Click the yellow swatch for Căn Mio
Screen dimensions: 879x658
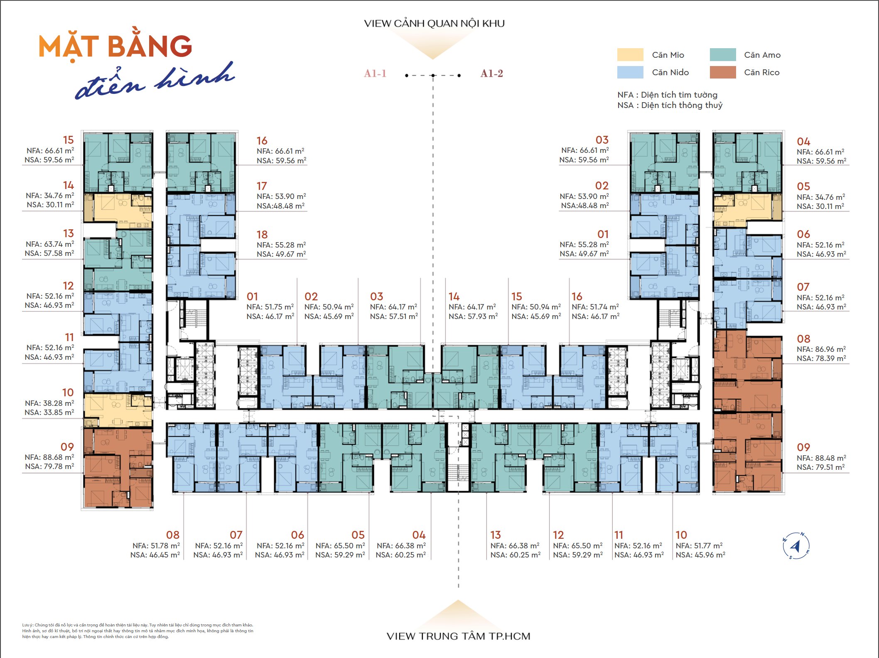click(630, 55)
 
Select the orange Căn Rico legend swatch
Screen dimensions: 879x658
click(723, 72)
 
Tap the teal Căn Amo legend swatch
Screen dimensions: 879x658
click(723, 55)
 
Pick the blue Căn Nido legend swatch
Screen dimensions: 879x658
click(630, 72)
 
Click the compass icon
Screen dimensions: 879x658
click(796, 546)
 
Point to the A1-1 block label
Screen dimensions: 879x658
click(375, 74)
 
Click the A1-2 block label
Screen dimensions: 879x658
click(492, 74)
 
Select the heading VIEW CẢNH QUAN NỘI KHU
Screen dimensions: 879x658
click(435, 23)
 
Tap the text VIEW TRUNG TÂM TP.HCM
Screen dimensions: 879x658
click(459, 636)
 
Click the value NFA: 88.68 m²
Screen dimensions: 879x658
click(49, 457)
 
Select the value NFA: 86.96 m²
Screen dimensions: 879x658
click(821, 349)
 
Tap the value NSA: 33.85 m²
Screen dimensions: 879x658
click(49, 412)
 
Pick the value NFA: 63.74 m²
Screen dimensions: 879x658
click(49, 244)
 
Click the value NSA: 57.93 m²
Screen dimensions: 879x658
click(473, 316)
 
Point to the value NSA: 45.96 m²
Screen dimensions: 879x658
click(700, 555)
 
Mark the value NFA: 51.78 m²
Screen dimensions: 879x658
click(156, 545)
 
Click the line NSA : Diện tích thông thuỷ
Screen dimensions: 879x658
click(670, 105)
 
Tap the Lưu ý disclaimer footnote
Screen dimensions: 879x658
click(137, 631)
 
